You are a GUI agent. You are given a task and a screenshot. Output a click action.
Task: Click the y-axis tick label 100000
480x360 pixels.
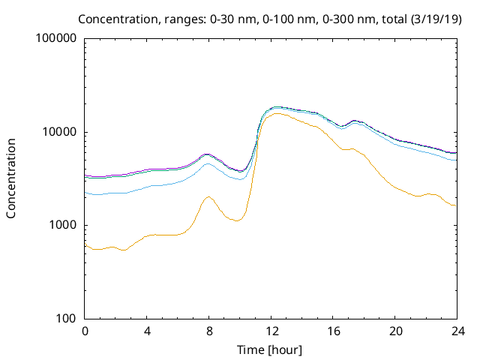point(56,39)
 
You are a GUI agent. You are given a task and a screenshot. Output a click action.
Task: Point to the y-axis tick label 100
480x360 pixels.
point(67,318)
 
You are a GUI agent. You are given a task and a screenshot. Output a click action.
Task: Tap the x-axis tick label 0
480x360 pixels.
point(85,331)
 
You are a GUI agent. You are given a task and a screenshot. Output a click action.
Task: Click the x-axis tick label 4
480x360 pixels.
point(148,331)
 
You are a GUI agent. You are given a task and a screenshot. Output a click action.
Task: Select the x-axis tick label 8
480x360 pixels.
point(209,331)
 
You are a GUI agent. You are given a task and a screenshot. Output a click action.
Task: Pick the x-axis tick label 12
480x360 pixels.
point(271,331)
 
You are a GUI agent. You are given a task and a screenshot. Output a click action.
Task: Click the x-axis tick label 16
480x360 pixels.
point(334,331)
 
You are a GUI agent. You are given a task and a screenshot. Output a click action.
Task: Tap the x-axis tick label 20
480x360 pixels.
point(395,331)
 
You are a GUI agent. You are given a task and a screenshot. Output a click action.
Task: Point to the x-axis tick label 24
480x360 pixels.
point(457,331)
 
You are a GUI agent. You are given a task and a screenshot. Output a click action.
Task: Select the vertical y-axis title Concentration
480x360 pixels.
point(12,178)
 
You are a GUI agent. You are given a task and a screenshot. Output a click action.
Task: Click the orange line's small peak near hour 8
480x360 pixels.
point(208,197)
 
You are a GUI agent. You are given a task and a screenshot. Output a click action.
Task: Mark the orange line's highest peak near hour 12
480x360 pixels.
point(277,114)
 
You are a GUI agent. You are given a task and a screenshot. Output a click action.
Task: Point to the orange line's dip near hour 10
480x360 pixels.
point(236,220)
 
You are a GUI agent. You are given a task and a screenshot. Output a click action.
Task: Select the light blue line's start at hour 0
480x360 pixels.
point(85,192)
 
